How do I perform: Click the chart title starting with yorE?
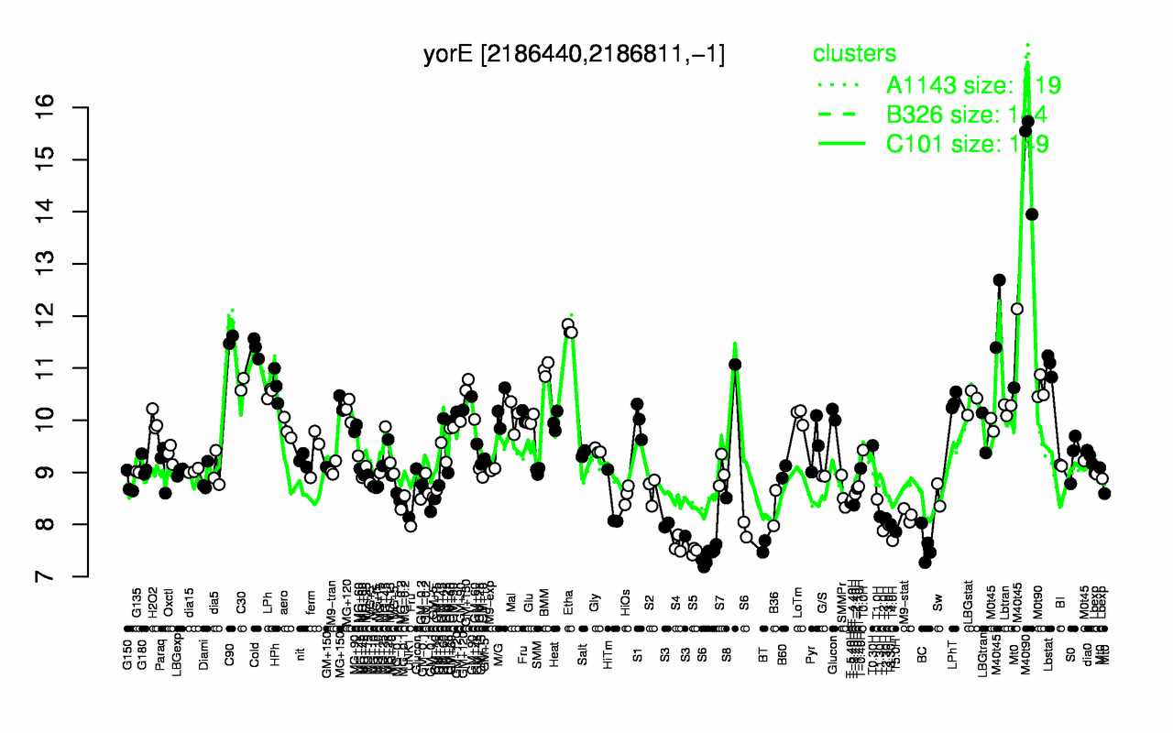[x=574, y=54]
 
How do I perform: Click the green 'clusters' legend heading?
[x=854, y=54]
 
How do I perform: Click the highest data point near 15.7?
[x=1027, y=121]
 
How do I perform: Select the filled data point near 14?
[x=1031, y=214]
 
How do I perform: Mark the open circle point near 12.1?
[x=1016, y=309]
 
